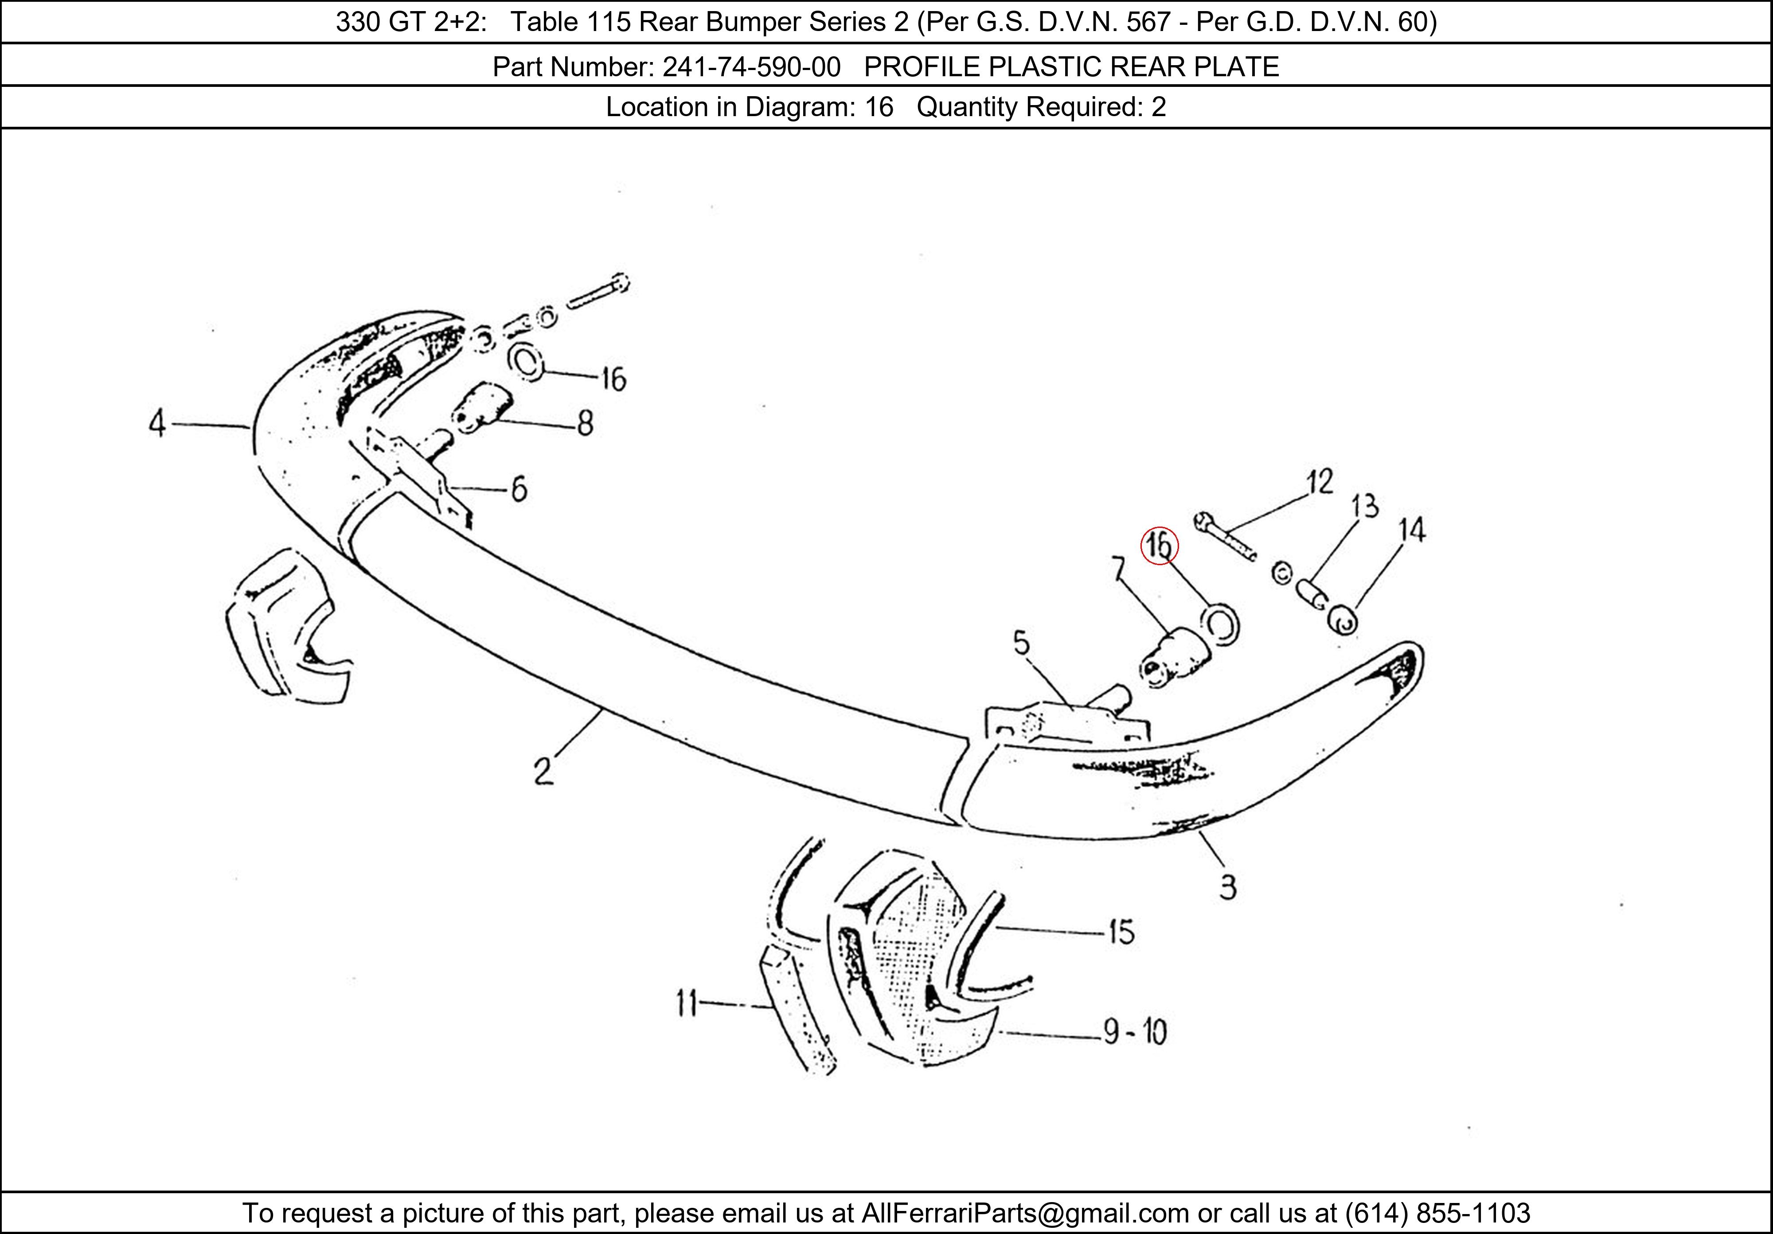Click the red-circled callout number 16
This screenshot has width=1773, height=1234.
(x=1159, y=546)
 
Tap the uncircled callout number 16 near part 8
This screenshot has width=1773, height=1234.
(x=613, y=379)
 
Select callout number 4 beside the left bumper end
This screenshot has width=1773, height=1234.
(x=157, y=424)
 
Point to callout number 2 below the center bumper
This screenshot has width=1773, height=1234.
(x=543, y=771)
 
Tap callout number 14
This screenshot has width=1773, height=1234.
(x=1412, y=530)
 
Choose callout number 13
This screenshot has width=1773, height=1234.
(x=1364, y=507)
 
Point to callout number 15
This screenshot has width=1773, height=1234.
(x=1121, y=932)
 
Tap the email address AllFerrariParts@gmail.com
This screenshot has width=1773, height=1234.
(x=1025, y=1213)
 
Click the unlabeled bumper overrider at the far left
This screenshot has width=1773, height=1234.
(x=282, y=625)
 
